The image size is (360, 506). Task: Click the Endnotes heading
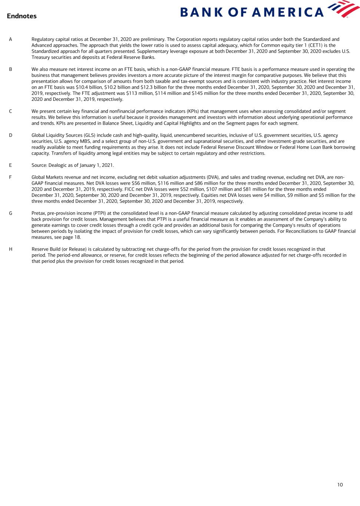[22, 16]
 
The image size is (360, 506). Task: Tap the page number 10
[340, 484]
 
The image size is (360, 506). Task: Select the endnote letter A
[10, 39]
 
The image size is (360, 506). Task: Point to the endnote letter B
[10, 69]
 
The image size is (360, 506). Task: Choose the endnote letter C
[10, 111]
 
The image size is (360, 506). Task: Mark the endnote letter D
[10, 135]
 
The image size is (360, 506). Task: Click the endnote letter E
[10, 165]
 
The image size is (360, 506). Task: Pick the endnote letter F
[10, 177]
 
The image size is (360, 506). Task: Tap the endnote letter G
[10, 213]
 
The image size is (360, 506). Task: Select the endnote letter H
[10, 249]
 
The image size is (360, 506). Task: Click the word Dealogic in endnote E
[59, 165]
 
